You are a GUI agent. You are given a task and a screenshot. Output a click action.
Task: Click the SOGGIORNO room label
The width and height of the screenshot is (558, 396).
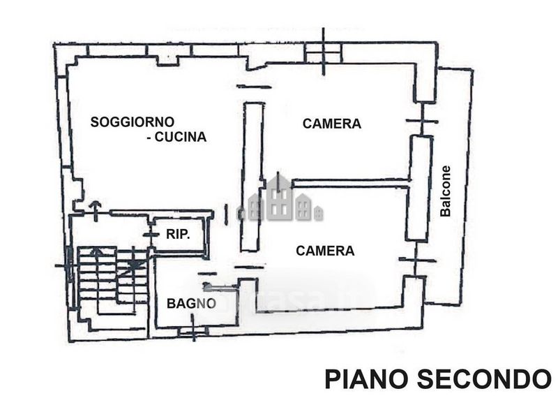tap(133, 122)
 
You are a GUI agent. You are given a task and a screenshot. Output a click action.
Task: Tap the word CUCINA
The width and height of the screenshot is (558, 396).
tap(181, 137)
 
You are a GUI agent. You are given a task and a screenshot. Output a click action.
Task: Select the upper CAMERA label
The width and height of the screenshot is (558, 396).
tap(332, 124)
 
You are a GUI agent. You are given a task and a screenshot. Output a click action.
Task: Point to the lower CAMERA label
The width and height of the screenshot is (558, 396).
tap(325, 251)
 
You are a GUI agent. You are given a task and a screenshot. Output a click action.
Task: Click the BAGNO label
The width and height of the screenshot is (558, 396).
tap(191, 303)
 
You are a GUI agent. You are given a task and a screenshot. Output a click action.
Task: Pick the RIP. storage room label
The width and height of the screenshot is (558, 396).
tap(178, 234)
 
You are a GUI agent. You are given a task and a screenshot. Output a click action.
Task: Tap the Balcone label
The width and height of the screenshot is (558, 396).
tap(445, 191)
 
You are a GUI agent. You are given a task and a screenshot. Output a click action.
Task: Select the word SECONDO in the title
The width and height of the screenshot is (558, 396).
tap(484, 379)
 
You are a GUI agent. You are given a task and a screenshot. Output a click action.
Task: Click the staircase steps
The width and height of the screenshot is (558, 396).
tap(112, 281)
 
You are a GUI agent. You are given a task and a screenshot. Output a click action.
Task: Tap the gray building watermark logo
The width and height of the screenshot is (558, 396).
tap(280, 199)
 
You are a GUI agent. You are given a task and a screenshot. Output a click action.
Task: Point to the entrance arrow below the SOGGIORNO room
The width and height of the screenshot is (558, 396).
tap(96, 211)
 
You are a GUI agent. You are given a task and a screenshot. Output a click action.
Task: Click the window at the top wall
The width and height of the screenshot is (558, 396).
tap(323, 52)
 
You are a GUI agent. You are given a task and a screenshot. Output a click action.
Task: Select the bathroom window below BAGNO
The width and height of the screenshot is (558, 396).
tap(193, 331)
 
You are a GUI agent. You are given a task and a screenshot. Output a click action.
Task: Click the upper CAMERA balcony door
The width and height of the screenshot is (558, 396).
tap(422, 119)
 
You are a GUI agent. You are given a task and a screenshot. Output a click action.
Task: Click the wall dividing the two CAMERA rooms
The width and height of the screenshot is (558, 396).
tap(351, 183)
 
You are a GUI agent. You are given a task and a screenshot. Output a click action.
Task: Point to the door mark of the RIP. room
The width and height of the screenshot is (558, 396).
tap(151, 234)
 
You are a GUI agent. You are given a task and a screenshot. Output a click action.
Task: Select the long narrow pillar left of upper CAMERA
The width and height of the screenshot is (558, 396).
tap(252, 177)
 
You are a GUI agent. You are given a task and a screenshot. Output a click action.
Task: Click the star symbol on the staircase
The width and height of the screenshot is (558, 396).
tap(134, 264)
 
